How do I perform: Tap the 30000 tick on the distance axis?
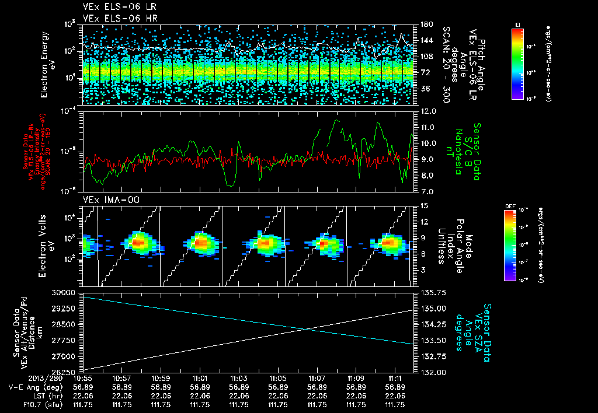coord(65,292)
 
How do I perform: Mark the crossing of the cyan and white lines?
coord(305,329)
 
